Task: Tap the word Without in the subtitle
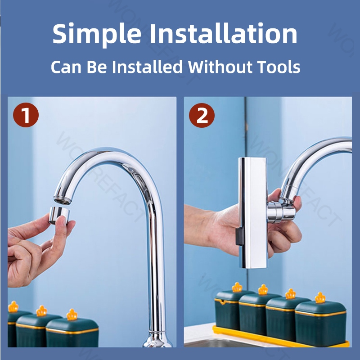pyautogui.click(x=220, y=67)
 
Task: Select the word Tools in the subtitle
pyautogui.click(x=279, y=67)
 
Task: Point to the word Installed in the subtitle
pyautogui.click(x=148, y=67)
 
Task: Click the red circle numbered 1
pyautogui.click(x=26, y=115)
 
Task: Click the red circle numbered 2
pyautogui.click(x=202, y=115)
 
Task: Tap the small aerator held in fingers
pyautogui.click(x=59, y=215)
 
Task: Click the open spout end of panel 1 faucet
pyautogui.click(x=63, y=199)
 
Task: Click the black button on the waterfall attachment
pyautogui.click(x=239, y=237)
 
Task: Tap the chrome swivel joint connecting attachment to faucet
pyautogui.click(x=281, y=211)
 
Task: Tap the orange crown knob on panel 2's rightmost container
pyautogui.click(x=320, y=298)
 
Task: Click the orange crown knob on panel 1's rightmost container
pyautogui.click(x=72, y=315)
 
